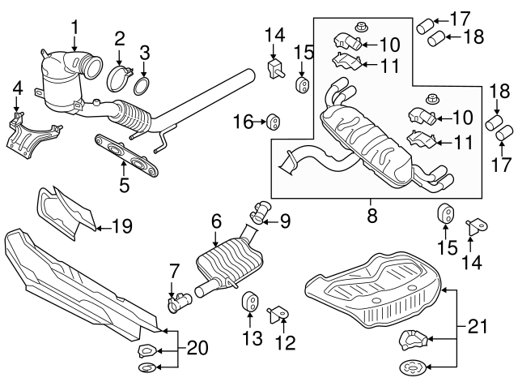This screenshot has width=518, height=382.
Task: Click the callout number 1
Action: (x=75, y=27)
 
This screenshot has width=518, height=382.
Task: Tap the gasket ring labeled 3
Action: (x=142, y=86)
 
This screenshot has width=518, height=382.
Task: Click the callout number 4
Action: (x=18, y=88)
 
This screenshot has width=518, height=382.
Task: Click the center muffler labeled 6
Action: (x=228, y=261)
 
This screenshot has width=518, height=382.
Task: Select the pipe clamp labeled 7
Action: (x=180, y=301)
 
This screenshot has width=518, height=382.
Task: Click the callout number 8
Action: (x=372, y=216)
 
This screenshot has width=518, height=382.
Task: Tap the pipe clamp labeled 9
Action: (x=260, y=211)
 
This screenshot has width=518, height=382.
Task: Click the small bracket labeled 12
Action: (x=278, y=314)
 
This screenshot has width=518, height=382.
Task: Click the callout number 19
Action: (x=122, y=226)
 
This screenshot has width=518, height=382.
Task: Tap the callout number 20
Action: (x=197, y=348)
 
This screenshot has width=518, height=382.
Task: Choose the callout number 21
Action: (x=477, y=326)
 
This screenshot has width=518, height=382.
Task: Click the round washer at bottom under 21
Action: (x=412, y=367)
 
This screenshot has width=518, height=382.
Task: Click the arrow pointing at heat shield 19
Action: (x=103, y=228)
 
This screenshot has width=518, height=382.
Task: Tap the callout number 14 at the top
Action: (x=274, y=36)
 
